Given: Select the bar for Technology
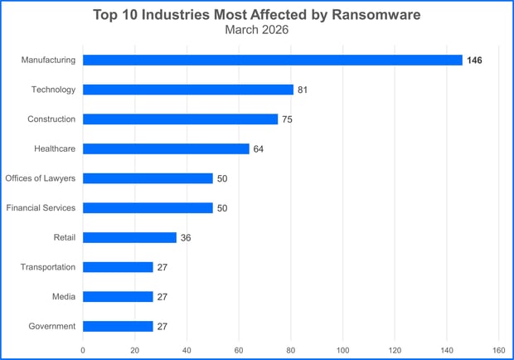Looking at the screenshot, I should (188, 90).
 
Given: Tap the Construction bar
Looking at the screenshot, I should (180, 119).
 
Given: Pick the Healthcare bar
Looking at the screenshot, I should (166, 148).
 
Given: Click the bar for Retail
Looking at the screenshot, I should (129, 237).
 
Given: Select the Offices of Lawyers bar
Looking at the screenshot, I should (148, 178).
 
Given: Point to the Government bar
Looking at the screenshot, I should (118, 326).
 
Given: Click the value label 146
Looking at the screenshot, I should (474, 61).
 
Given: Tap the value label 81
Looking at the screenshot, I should (303, 90).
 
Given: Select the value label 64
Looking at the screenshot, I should (259, 149).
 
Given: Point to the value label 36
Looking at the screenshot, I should (186, 238).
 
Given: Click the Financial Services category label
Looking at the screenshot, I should (41, 207).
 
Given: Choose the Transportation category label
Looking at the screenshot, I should (48, 267).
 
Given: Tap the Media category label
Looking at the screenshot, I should (64, 296).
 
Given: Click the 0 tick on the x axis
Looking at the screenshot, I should (83, 349).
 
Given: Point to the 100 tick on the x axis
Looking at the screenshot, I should (343, 349).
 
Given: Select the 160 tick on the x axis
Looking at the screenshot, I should (499, 349).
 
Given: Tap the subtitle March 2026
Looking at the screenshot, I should (257, 30).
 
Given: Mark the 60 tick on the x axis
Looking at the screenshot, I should (239, 349).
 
